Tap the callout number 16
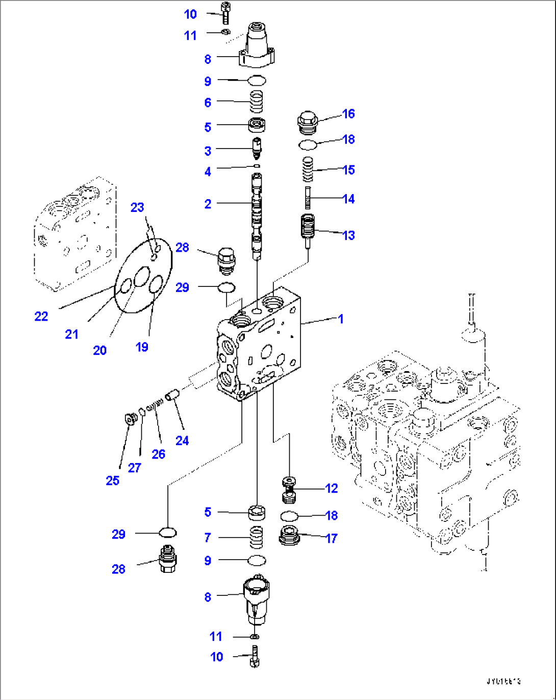(348, 113)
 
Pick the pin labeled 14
(308, 198)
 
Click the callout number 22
(41, 316)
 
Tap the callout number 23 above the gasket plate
(137, 207)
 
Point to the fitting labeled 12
(289, 489)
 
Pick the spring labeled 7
(257, 538)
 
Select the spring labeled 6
(257, 102)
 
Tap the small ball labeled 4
(257, 166)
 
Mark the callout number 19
(142, 347)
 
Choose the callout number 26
(159, 453)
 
